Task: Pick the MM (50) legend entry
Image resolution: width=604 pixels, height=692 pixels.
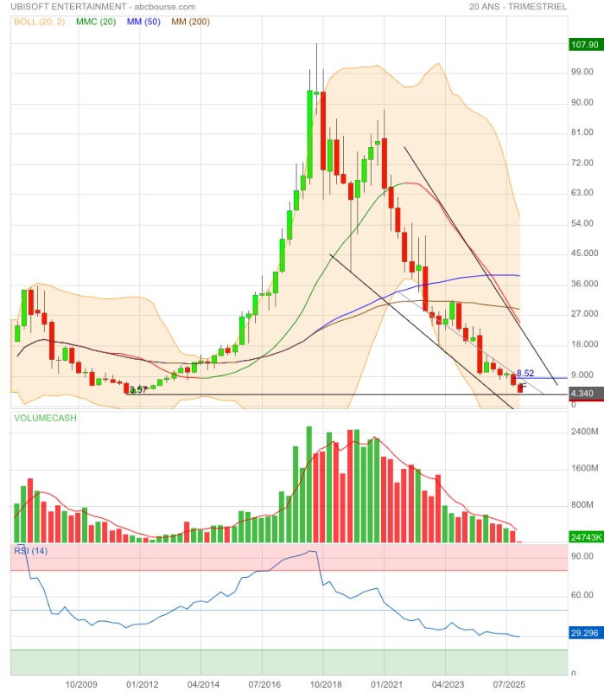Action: (x=147, y=20)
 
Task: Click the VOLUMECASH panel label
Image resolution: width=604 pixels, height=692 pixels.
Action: (x=45, y=418)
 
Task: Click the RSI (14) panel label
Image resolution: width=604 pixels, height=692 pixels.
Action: (x=31, y=550)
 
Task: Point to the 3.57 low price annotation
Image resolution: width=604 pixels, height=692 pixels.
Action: (x=138, y=390)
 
